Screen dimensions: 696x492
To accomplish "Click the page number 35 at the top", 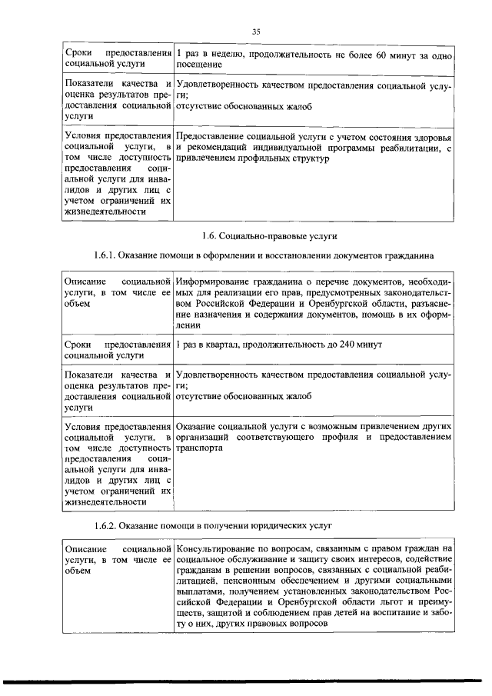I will coord(257,31).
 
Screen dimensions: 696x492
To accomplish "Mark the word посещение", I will coord(200,65).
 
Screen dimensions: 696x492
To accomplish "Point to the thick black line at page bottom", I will coord(246,680).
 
